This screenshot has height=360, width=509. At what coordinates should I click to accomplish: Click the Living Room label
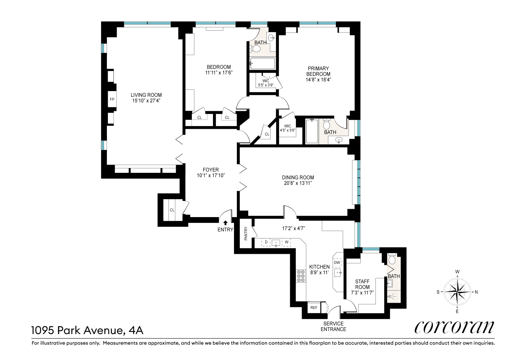click(x=146, y=95)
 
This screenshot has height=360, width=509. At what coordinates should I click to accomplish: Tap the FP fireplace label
click(x=112, y=99)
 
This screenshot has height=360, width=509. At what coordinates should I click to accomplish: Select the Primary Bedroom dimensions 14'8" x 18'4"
click(x=318, y=80)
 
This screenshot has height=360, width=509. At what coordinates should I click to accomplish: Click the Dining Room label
click(x=298, y=177)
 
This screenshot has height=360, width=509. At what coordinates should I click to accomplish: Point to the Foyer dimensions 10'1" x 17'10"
click(x=211, y=175)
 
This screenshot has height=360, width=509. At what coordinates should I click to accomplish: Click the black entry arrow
click(x=225, y=222)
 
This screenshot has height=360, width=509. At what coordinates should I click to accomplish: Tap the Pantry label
click(x=246, y=233)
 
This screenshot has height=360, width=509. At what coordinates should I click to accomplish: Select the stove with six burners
click(x=301, y=276)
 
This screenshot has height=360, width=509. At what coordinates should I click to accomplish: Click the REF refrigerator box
click(x=314, y=308)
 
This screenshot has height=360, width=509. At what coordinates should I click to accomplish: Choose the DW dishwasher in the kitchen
click(x=337, y=262)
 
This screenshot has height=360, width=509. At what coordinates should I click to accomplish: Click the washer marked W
click(x=287, y=242)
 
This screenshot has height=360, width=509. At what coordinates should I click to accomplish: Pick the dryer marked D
click(x=266, y=242)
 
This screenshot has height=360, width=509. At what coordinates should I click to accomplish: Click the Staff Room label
click(x=362, y=284)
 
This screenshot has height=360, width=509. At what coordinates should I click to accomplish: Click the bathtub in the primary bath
click(x=312, y=131)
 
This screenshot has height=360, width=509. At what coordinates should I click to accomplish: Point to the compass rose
click(x=457, y=292)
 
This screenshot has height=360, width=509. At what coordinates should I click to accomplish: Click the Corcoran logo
click(x=454, y=327)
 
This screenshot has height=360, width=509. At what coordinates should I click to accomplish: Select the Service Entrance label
click(x=333, y=327)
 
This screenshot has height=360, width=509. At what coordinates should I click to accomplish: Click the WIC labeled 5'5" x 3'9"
click(x=266, y=83)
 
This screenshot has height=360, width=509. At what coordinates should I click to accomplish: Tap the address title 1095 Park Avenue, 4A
click(x=87, y=330)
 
